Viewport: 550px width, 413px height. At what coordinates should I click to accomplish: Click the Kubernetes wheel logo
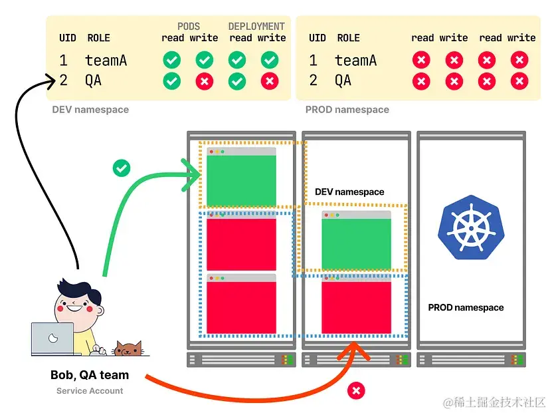(x=472, y=227)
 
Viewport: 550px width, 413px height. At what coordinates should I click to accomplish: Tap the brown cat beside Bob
(x=128, y=348)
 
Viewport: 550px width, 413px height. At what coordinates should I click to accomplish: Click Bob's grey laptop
(x=52, y=340)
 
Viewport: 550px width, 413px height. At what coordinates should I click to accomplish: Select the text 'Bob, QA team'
(x=90, y=375)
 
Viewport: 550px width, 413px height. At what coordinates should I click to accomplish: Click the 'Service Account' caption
(x=90, y=390)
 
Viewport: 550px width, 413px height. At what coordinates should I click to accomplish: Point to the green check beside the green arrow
(x=122, y=168)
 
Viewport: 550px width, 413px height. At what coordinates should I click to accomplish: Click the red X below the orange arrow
(x=357, y=390)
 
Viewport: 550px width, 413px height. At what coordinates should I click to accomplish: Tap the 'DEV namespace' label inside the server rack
(x=349, y=192)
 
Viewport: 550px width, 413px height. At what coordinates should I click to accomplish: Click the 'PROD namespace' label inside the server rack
(x=466, y=307)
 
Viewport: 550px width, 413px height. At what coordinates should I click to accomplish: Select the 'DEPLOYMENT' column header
(x=256, y=27)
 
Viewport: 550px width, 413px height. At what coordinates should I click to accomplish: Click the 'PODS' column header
(x=189, y=27)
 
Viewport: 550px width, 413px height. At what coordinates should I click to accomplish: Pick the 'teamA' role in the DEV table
(x=106, y=61)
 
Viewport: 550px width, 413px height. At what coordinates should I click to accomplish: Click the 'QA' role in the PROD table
(x=343, y=81)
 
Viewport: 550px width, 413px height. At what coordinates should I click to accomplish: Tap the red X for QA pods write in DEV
(x=204, y=81)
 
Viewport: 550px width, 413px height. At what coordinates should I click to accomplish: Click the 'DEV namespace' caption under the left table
(x=90, y=109)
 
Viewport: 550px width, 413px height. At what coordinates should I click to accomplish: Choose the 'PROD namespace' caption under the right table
(x=347, y=109)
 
